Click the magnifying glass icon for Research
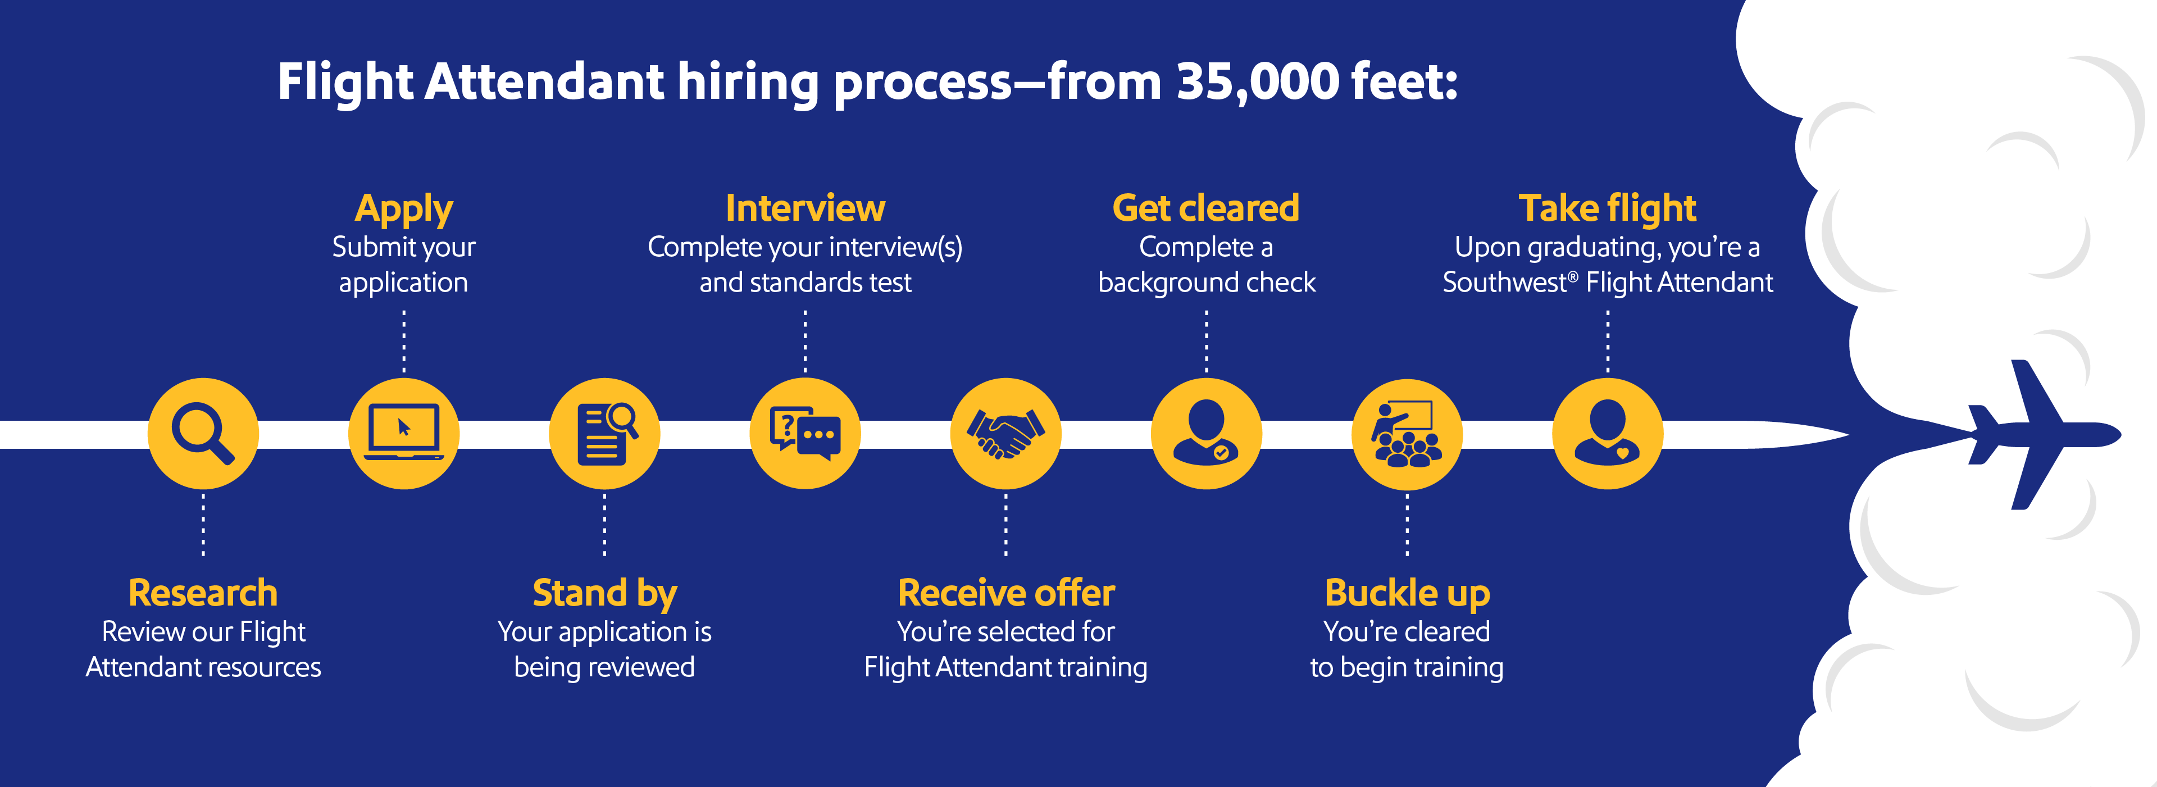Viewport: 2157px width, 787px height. point(203,433)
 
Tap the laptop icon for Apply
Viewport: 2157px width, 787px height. point(404,433)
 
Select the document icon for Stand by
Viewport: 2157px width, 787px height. point(604,433)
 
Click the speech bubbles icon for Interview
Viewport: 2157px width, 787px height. point(805,433)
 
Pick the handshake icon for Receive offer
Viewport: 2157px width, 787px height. point(1005,433)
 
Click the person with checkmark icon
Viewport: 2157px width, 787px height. point(1206,433)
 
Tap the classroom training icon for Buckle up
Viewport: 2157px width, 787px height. point(1407,433)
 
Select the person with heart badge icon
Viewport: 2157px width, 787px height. point(1607,433)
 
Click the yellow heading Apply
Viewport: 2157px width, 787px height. point(404,208)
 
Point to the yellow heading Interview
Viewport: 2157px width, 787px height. point(805,208)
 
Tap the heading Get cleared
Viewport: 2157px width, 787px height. point(1206,208)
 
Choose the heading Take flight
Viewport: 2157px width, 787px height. point(1607,208)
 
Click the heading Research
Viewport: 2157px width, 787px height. point(203,593)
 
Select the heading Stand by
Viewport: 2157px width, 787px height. point(604,593)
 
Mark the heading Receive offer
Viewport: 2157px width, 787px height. point(1005,593)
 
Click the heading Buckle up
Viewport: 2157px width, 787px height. point(1407,593)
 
